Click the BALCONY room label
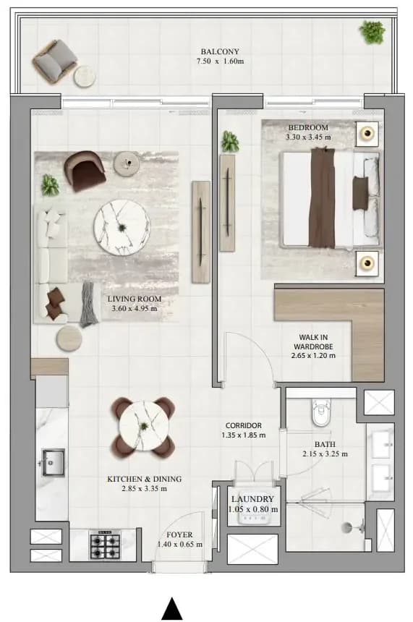pyautogui.click(x=220, y=51)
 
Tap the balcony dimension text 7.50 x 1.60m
pyautogui.click(x=220, y=61)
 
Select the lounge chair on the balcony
pyautogui.click(x=55, y=59)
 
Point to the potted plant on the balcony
pyautogui.click(x=372, y=32)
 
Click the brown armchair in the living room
pyautogui.click(x=85, y=171)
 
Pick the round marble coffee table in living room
pyautogui.click(x=122, y=227)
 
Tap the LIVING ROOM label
pyautogui.click(x=135, y=299)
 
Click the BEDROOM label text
pyautogui.click(x=308, y=127)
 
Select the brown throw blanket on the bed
pyautogui.click(x=322, y=197)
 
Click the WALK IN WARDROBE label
pyautogui.click(x=313, y=342)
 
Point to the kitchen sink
pyautogui.click(x=54, y=462)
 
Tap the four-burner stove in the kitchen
pyautogui.click(x=105, y=545)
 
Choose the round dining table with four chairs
pyautogui.click(x=143, y=426)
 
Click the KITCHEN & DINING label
pyautogui.click(x=145, y=480)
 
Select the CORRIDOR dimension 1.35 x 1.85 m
pyautogui.click(x=244, y=435)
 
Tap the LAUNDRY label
pyautogui.click(x=252, y=499)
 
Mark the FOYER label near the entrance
pyautogui.click(x=179, y=534)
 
